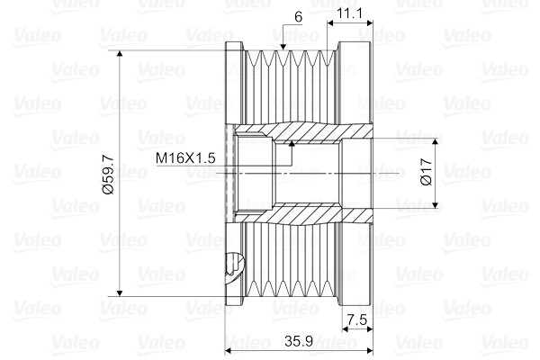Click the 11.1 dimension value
[349, 13]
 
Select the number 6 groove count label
[299, 17]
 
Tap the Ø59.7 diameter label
[109, 175]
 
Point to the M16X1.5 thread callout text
[185, 158]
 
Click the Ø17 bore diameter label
[427, 172]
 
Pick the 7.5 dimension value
[357, 320]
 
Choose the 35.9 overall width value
[299, 341]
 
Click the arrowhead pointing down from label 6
[283, 47]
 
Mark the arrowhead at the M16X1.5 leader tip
[292, 144]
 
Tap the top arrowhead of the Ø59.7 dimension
[120, 53]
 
